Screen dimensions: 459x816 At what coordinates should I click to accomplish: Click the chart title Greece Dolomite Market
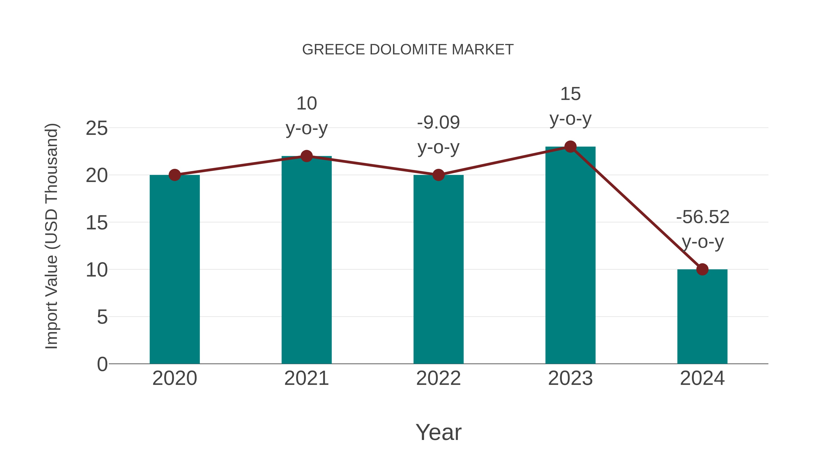tap(408, 50)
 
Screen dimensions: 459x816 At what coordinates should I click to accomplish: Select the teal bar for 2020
tap(175, 269)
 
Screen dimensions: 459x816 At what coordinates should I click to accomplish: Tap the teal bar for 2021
tap(306, 260)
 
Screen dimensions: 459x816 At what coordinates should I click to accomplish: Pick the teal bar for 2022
tap(438, 269)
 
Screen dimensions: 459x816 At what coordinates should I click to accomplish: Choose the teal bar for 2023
tap(570, 255)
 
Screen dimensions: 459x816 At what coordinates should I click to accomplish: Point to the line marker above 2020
tap(175, 175)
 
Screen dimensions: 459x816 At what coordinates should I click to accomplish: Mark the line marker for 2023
tap(570, 147)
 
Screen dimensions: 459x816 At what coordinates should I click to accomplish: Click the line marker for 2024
tap(702, 269)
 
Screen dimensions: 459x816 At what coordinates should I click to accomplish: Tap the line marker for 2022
tap(438, 175)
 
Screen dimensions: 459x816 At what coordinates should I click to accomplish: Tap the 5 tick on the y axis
tap(102, 317)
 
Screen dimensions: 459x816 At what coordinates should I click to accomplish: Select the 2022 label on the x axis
tap(438, 378)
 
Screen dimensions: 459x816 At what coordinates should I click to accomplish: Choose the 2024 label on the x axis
tap(702, 378)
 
